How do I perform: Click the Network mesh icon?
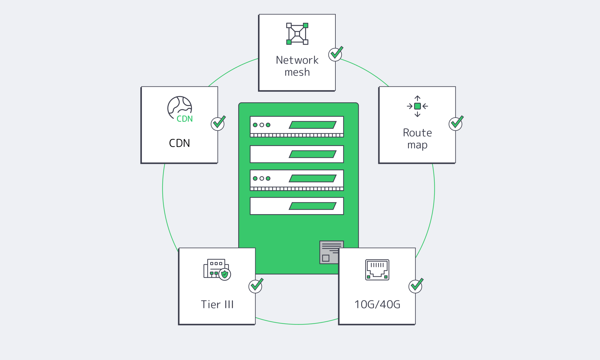pyautogui.click(x=297, y=34)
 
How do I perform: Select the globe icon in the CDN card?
pyautogui.click(x=179, y=108)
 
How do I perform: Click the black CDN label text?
pyautogui.click(x=179, y=143)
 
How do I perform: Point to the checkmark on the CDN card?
pyautogui.click(x=218, y=123)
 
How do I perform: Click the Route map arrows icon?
pyautogui.click(x=417, y=106)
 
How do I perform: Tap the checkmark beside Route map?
pyautogui.click(x=456, y=123)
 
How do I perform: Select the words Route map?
pyautogui.click(x=417, y=139)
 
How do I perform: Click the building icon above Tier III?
pyautogui.click(x=216, y=269)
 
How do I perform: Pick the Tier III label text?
pyautogui.click(x=217, y=304)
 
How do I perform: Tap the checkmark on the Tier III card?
pyautogui.click(x=256, y=286)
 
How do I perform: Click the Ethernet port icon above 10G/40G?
pyautogui.click(x=377, y=270)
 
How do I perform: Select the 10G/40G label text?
pyautogui.click(x=377, y=304)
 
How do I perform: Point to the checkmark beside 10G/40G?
pyautogui.click(x=415, y=286)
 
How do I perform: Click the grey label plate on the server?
pyautogui.click(x=329, y=252)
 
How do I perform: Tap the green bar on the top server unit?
pyautogui.click(x=313, y=125)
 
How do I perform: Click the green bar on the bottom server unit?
pyautogui.click(x=313, y=206)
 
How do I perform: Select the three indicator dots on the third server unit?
pyautogui.click(x=262, y=178)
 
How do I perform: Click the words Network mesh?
pyautogui.click(x=297, y=66)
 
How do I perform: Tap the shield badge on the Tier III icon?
pyautogui.click(x=225, y=274)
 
